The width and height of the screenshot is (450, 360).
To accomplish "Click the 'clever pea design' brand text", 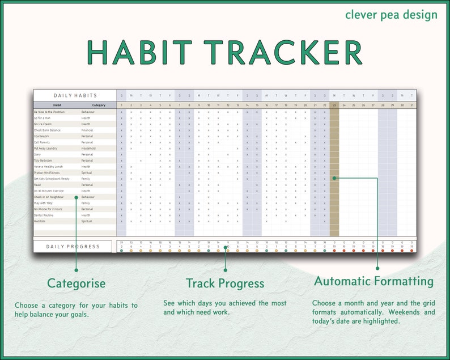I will pyautogui.click(x=391, y=14).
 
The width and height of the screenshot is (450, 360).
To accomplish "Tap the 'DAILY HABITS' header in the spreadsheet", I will pyautogui.click(x=75, y=96).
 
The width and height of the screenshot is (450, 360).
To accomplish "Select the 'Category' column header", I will pyautogui.click(x=99, y=105).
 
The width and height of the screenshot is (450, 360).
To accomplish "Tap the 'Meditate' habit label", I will pyautogui.click(x=40, y=221).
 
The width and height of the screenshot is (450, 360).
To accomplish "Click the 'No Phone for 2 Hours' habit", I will pyautogui.click(x=48, y=209).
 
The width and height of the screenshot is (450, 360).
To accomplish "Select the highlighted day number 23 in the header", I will pyautogui.click(x=334, y=105).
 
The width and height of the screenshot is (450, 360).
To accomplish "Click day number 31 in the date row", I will pyautogui.click(x=411, y=105).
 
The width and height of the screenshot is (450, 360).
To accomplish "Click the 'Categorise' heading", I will pyautogui.click(x=76, y=283).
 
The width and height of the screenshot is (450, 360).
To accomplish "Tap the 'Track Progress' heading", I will pyautogui.click(x=225, y=283).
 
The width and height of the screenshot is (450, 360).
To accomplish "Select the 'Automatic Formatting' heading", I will pyautogui.click(x=373, y=281).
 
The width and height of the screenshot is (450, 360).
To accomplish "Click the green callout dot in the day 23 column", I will pyautogui.click(x=334, y=178).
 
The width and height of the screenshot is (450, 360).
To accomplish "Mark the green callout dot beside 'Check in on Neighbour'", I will pyautogui.click(x=76, y=197).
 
